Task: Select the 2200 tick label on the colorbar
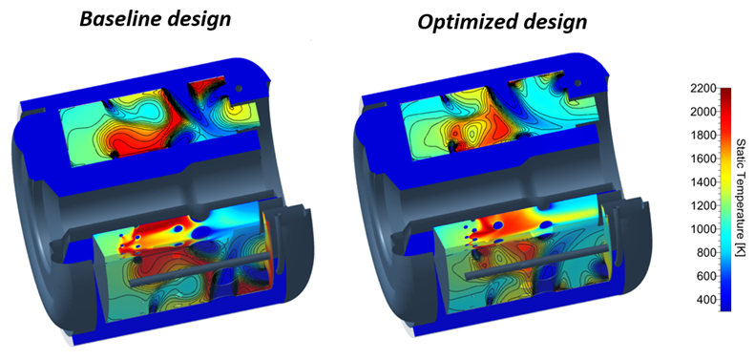[704, 89]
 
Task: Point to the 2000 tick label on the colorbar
[704, 113]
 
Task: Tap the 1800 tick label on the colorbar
[704, 136]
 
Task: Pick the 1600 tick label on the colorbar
[704, 159]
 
